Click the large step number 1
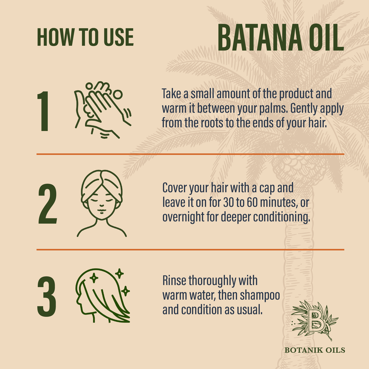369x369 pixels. pos(43,111)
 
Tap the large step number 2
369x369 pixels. pos(48,204)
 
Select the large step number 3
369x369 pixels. pos(47,296)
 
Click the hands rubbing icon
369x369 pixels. pos(103,110)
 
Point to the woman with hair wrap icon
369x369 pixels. pos(102,203)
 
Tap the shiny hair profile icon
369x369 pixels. pos(103,295)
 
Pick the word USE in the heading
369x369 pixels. pos(119,37)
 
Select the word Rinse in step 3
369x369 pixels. pos(174,280)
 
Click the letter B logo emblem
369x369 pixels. pos(315,320)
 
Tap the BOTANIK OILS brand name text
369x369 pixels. pos(315,350)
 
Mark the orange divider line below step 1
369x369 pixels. pos(190,154)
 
